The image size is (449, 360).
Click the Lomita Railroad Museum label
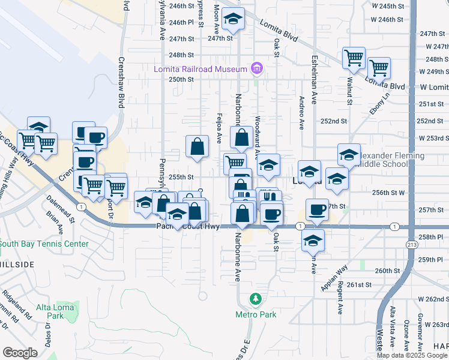pyautogui.click(x=200, y=69)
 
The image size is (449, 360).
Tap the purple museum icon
pyautogui.click(x=257, y=68)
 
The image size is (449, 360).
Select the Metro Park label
pyautogui.click(x=255, y=314)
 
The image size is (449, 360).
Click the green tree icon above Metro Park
pyautogui.click(x=256, y=299)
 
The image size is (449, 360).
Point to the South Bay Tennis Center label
pyautogui.click(x=44, y=244)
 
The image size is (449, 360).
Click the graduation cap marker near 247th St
pyautogui.click(x=233, y=20)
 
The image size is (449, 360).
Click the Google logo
pyautogui.click(x=20, y=353)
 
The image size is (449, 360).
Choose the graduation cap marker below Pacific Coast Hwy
pyautogui.click(x=313, y=241)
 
